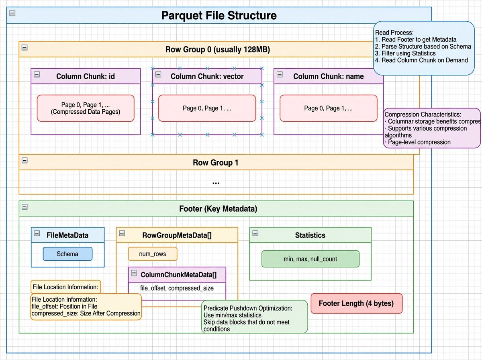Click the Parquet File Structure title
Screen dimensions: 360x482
pyautogui.click(x=219, y=16)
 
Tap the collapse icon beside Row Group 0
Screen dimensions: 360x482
pyautogui.click(x=25, y=47)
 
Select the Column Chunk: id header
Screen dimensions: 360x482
pyautogui.click(x=86, y=76)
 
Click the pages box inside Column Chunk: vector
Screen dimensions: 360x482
pyautogui.click(x=207, y=108)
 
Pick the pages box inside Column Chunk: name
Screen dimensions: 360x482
pyautogui.click(x=328, y=108)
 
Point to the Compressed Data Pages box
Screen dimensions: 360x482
pyautogui.click(x=86, y=108)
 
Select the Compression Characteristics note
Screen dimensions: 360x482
pyautogui.click(x=432, y=128)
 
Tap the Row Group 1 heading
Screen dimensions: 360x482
pyautogui.click(x=216, y=163)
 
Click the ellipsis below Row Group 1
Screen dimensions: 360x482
pyautogui.click(x=216, y=182)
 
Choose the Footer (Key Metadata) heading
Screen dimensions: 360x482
pyautogui.click(x=218, y=209)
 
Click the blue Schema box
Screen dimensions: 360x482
pyautogui.click(x=67, y=254)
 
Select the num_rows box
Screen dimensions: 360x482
pyautogui.click(x=153, y=254)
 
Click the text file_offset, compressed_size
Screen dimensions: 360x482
pyautogui.click(x=177, y=288)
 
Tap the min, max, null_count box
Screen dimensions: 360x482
pyautogui.click(x=310, y=259)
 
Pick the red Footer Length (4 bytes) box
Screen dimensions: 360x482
pyautogui.click(x=356, y=303)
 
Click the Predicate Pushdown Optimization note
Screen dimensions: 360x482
pyautogui.click(x=254, y=317)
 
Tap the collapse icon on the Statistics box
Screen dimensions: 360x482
pyautogui.click(x=255, y=233)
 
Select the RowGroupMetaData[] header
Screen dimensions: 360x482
pyautogui.click(x=177, y=235)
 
